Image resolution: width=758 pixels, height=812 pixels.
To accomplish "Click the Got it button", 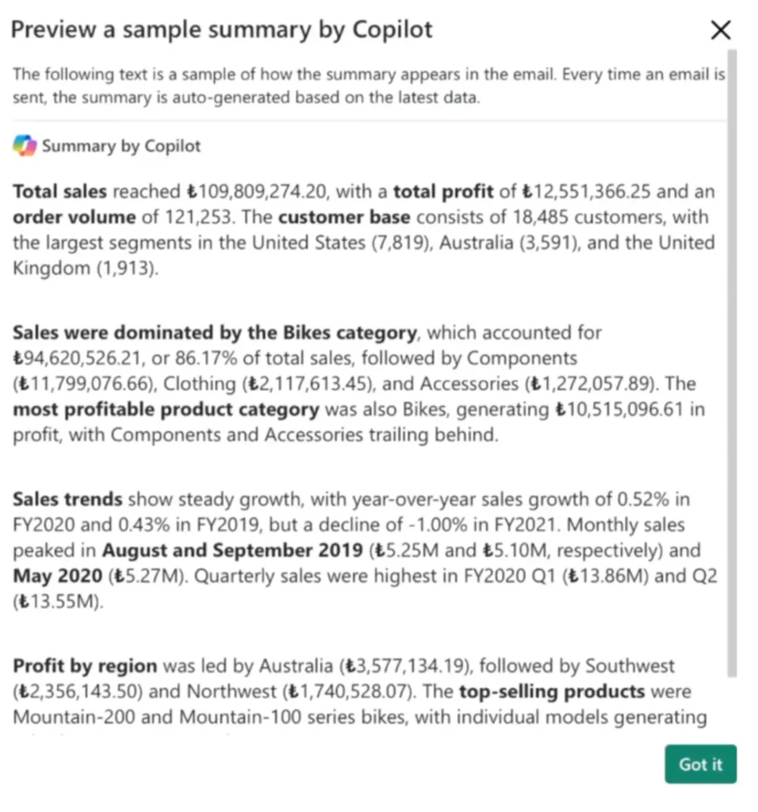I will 700,764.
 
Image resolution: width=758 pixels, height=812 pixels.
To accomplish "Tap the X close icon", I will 720,31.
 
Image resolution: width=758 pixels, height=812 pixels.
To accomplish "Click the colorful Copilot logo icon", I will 25,146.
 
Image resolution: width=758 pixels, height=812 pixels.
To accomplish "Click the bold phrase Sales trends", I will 67,500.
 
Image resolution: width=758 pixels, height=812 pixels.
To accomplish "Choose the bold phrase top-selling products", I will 552,691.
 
